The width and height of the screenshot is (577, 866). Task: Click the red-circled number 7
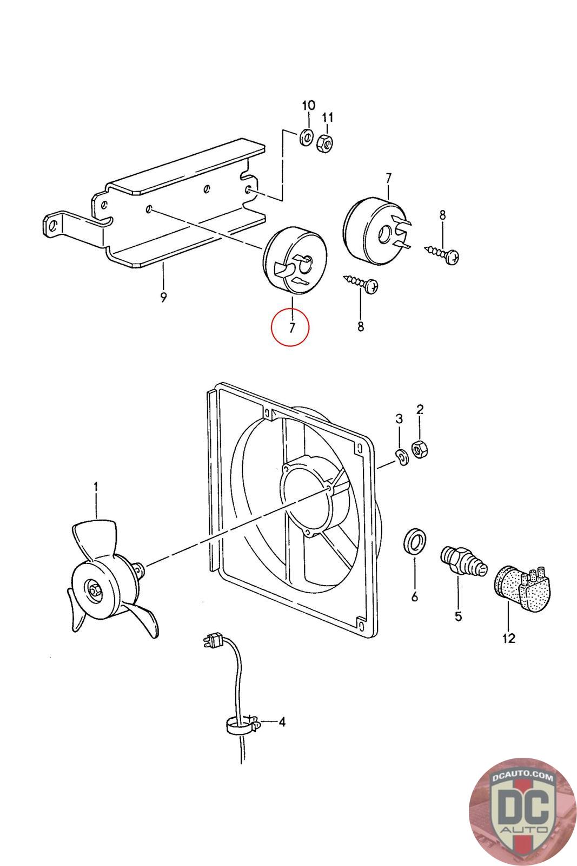(x=290, y=327)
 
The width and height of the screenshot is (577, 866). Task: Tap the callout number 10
(x=307, y=105)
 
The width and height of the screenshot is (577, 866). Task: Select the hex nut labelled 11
(x=325, y=142)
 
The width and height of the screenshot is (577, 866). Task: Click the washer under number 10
(x=306, y=138)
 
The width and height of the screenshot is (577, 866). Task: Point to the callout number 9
(x=163, y=297)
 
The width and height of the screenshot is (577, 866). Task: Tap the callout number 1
(x=96, y=487)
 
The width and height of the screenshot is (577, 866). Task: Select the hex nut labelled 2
(x=419, y=449)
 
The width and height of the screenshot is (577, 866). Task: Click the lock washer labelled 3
(x=401, y=457)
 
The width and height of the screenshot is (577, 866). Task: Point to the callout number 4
(x=282, y=721)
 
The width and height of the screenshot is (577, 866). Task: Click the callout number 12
(x=508, y=638)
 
